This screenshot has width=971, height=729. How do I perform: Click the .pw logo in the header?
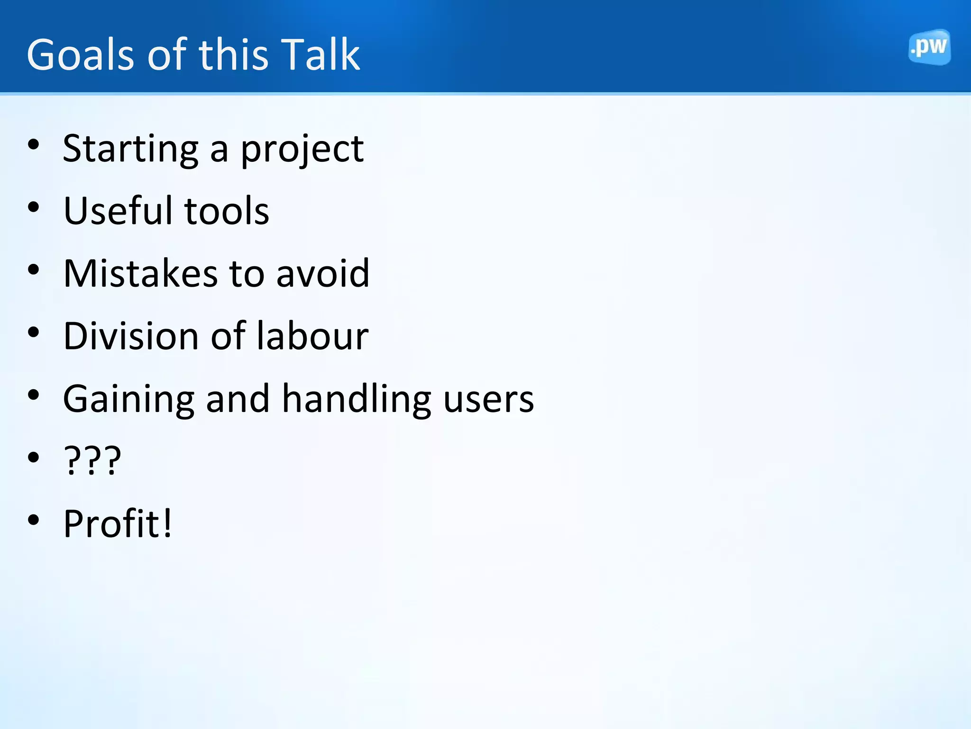click(x=929, y=47)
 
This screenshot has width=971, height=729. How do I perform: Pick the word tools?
click(x=227, y=211)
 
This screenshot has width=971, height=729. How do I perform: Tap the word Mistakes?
click(x=140, y=273)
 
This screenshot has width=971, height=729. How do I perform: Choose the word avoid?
click(x=322, y=273)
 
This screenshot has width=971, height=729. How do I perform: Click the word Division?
click(x=130, y=336)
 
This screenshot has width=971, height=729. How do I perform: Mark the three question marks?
click(x=92, y=460)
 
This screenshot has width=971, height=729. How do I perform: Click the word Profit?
click(x=118, y=523)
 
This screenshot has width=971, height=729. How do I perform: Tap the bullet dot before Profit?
click(x=34, y=520)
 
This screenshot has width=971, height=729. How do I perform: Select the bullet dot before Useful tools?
click(x=34, y=207)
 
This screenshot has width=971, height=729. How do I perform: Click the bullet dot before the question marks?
click(x=34, y=458)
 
